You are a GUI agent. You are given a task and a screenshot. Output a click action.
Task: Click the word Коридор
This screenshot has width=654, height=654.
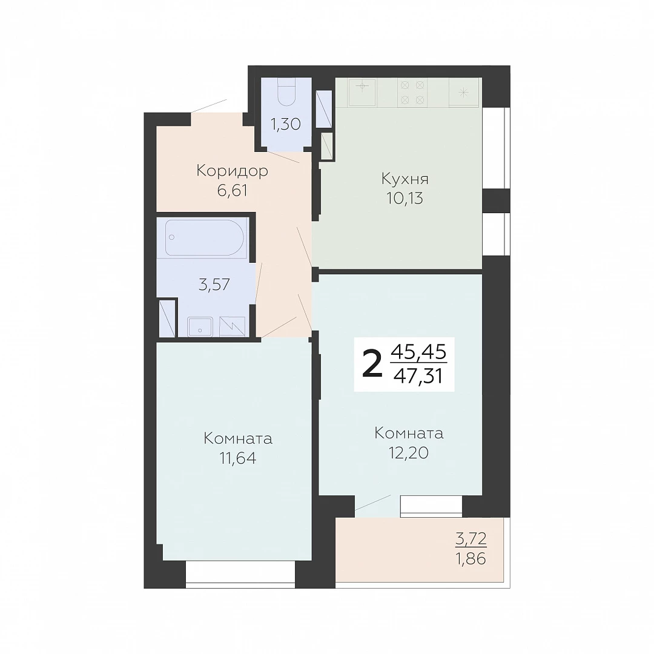(233, 171)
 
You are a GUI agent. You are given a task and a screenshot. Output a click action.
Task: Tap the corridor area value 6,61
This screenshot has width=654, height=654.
(233, 191)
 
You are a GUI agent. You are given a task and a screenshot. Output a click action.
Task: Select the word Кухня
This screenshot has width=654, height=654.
(405, 179)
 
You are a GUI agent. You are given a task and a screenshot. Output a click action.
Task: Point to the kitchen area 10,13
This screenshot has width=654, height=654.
(405, 199)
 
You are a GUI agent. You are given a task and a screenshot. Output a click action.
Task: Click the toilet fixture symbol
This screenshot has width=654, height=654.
(286, 93)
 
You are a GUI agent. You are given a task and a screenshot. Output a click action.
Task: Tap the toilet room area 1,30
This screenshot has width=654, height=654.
(286, 124)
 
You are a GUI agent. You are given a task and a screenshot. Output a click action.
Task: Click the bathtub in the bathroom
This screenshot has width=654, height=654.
(203, 237)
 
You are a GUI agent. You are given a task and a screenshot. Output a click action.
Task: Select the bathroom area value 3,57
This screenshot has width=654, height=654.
(214, 285)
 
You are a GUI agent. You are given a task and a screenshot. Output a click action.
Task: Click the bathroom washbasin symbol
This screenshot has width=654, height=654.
(200, 326)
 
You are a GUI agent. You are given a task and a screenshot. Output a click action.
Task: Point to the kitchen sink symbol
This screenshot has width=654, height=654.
(362, 93)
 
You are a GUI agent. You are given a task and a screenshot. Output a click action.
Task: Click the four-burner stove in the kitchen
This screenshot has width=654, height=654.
(412, 93)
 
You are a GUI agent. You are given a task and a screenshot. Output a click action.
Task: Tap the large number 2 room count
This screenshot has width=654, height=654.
(372, 363)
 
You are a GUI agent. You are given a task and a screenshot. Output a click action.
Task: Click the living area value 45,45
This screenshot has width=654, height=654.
(419, 352)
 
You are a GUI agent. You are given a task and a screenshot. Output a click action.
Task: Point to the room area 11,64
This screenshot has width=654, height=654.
(238, 458)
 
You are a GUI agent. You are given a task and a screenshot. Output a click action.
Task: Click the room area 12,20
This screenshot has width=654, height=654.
(409, 453)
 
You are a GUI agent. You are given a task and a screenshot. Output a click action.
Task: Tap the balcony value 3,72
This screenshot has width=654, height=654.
(471, 539)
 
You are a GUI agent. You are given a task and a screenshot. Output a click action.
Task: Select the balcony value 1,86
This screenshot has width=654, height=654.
(471, 558)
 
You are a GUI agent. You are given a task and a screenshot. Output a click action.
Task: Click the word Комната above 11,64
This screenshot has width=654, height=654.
(238, 439)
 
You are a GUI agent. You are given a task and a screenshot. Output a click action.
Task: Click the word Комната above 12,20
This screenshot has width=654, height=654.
(409, 434)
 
